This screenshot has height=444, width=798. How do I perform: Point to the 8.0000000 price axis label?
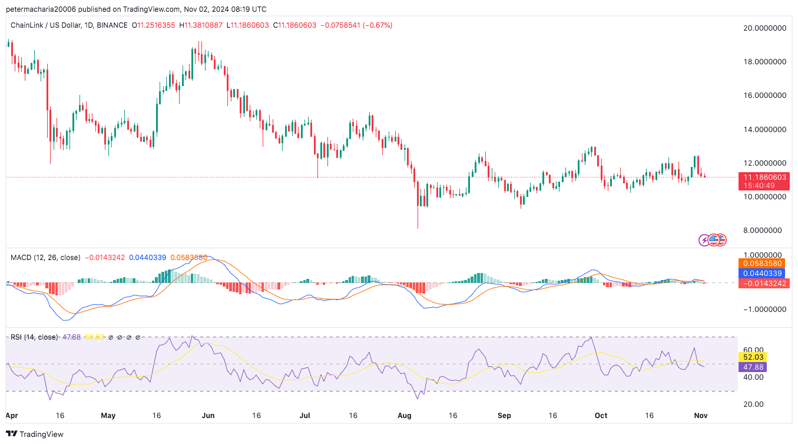766,230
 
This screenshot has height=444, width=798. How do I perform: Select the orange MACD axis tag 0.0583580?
762,264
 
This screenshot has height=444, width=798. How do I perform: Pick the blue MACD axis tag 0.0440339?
762,274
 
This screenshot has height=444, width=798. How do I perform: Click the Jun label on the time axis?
208,416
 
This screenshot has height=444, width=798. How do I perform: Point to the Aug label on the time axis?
405,416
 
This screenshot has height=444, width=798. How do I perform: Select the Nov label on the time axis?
701,416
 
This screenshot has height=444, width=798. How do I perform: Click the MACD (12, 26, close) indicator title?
46,258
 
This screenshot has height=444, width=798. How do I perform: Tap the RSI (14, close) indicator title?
34,337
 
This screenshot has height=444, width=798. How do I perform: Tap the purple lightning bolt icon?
704,240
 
